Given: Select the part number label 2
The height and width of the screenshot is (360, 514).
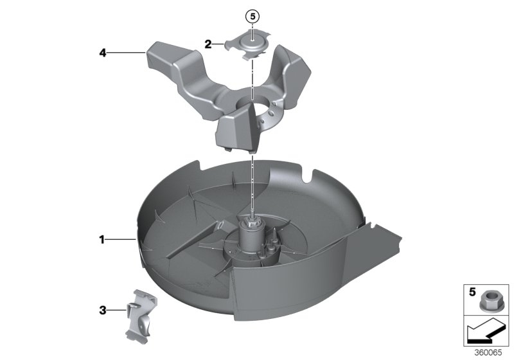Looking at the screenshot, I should coord(208,44).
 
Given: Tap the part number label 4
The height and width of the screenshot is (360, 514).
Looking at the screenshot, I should coord(102,53).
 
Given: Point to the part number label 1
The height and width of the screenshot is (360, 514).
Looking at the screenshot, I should coord(102,240).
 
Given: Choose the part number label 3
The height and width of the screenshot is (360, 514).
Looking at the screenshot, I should coord(102,310).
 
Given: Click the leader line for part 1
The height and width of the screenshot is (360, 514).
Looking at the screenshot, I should coord(120,240).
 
